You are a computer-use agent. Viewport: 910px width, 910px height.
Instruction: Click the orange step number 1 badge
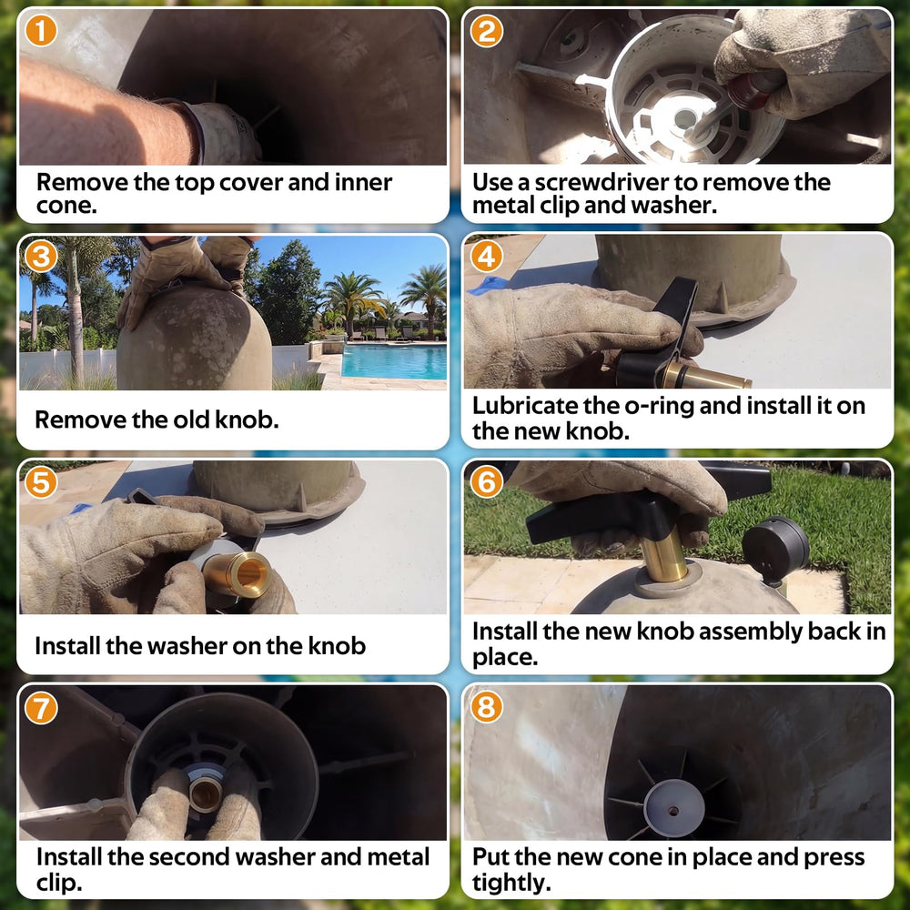[x=41, y=31]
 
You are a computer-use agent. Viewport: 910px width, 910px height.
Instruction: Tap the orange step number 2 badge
[x=486, y=31]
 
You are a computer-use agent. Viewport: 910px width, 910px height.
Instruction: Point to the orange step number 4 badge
[x=486, y=256]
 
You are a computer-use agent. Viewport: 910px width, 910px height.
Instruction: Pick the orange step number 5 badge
[x=41, y=481]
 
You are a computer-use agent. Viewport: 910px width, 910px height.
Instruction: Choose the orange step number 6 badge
[x=486, y=481]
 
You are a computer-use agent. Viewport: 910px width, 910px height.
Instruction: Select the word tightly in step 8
[x=511, y=883]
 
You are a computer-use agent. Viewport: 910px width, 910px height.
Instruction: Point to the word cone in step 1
[x=66, y=206]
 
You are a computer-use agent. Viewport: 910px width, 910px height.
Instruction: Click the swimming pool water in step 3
[x=394, y=361]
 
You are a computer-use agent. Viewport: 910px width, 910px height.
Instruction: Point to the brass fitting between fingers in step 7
[x=206, y=793]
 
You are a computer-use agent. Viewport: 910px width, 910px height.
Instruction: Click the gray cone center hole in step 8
[x=673, y=810]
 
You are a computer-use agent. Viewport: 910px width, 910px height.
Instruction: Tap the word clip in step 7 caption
[x=58, y=883]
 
